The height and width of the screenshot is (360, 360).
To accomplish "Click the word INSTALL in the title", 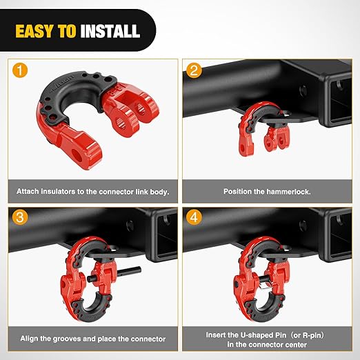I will tap(110, 31).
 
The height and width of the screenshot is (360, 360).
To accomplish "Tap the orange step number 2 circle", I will tap(194, 70).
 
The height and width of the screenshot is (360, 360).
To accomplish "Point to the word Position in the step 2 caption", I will tap(238, 190).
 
